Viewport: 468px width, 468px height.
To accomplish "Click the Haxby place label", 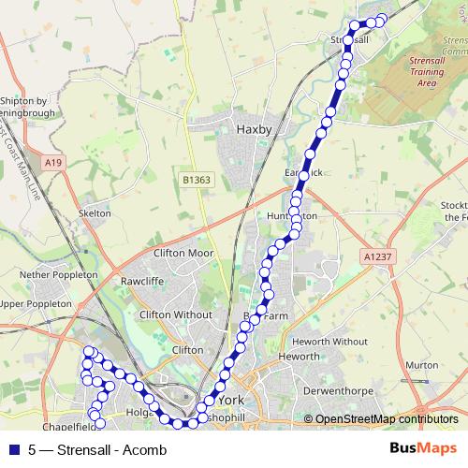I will [x=253, y=129].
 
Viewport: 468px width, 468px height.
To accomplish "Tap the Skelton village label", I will [x=95, y=213].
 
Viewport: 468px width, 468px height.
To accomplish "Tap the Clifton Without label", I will [x=175, y=315].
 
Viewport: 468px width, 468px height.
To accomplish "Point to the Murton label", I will [x=422, y=365].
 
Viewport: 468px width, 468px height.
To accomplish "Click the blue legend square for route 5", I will [x=13, y=448].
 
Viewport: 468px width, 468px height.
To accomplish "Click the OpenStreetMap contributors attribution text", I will [x=387, y=418].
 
